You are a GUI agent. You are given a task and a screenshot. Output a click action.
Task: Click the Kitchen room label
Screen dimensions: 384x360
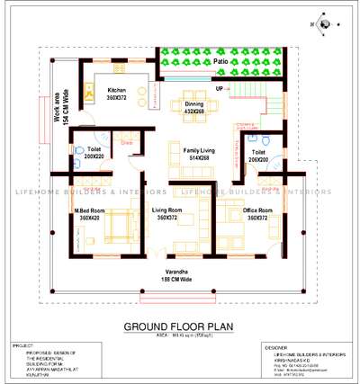point(117,91)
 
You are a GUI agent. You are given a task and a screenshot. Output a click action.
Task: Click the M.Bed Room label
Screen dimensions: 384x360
point(90,211)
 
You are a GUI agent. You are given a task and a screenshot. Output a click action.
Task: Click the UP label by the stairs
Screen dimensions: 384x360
point(220,88)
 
